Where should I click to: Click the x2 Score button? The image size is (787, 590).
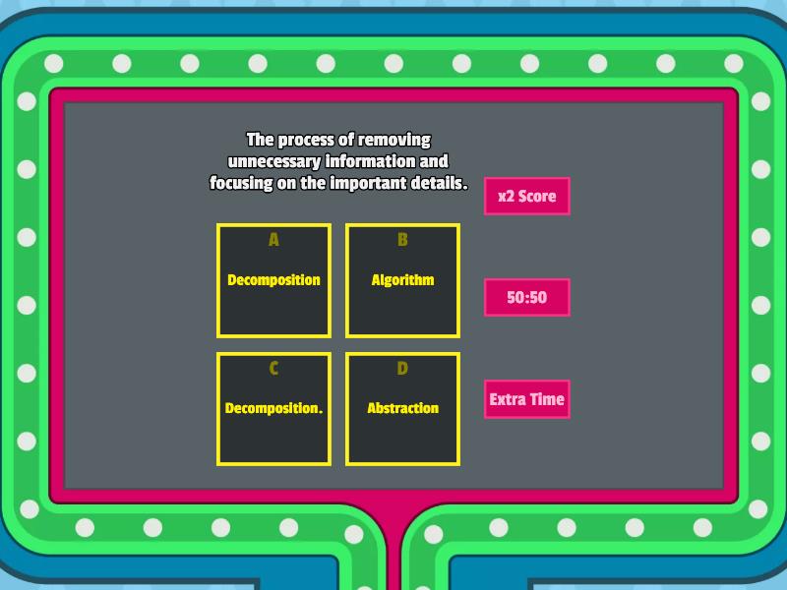point(527,196)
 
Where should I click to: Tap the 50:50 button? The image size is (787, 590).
point(527,298)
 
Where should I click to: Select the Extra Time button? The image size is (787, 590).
point(527,399)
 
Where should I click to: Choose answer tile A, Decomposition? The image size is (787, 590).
point(274,280)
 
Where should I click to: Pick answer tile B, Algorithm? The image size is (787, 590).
point(402,280)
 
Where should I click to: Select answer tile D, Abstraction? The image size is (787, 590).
point(402,409)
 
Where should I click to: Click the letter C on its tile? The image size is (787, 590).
point(273,369)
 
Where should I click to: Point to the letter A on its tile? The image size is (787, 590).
point(273,240)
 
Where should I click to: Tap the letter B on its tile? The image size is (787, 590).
point(402,240)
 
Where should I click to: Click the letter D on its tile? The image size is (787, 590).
point(402,369)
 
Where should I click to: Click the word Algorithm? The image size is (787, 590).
point(402,280)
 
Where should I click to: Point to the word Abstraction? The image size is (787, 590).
point(403,408)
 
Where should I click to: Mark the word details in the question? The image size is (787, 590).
point(437,183)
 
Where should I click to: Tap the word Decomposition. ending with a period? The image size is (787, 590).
point(274,408)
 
